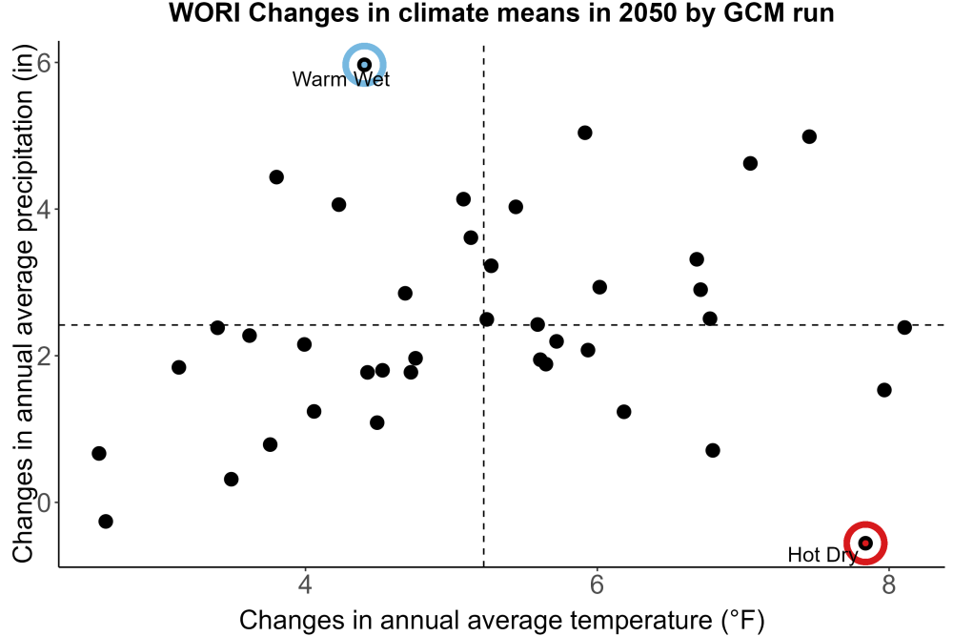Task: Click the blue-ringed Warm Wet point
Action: tap(364, 65)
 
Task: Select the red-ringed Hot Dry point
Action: tap(865, 543)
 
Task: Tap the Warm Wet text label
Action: tap(341, 79)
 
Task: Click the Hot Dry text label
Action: tap(822, 555)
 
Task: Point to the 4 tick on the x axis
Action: tap(305, 584)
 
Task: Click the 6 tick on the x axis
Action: tap(597, 584)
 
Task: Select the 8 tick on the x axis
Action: tap(888, 584)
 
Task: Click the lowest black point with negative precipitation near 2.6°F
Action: tap(106, 521)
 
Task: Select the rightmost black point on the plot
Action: tap(904, 327)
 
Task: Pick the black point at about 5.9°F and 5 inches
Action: tap(585, 133)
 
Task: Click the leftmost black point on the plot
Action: tap(99, 453)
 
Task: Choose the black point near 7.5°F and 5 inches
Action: tap(809, 136)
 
